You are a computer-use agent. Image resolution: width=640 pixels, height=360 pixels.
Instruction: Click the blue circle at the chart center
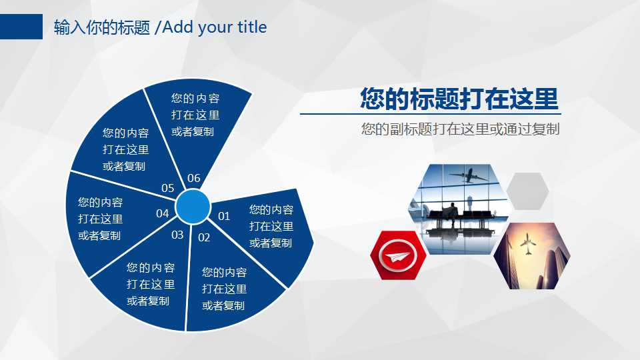click(x=193, y=207)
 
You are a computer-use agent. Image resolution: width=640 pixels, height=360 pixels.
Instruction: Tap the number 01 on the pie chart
click(x=224, y=216)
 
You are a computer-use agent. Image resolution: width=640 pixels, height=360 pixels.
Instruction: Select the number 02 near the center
click(x=204, y=237)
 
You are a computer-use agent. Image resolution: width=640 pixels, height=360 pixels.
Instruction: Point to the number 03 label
click(x=177, y=235)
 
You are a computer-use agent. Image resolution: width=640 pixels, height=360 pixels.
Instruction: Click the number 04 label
click(x=162, y=214)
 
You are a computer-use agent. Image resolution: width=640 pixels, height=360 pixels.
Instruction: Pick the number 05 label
click(x=167, y=189)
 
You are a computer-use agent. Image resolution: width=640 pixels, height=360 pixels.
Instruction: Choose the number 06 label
click(x=193, y=178)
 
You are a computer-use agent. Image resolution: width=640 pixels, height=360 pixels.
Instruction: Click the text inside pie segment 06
click(x=195, y=115)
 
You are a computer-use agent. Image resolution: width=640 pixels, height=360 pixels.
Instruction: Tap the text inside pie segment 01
click(x=271, y=227)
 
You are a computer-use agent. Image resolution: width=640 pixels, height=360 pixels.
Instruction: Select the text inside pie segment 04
click(x=100, y=219)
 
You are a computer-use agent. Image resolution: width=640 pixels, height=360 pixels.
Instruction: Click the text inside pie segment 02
click(x=224, y=289)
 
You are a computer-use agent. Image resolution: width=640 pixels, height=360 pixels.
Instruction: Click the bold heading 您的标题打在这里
click(x=459, y=98)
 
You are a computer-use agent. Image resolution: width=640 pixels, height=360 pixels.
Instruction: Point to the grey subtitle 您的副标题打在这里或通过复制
click(x=460, y=129)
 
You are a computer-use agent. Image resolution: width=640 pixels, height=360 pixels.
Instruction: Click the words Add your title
click(x=215, y=27)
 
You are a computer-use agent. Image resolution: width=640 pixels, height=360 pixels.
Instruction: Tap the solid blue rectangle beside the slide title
click(x=21, y=27)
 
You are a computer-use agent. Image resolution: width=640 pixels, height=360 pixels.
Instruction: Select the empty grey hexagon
click(x=527, y=191)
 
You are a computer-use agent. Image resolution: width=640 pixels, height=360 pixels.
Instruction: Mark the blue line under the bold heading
click(x=429, y=114)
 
